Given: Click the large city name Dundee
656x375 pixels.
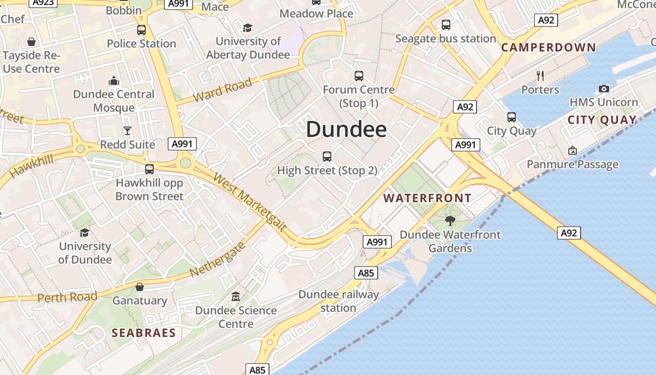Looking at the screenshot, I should [346, 129].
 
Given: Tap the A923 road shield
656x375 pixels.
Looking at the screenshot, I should [43, 2].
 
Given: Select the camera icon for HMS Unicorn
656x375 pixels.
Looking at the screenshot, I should [604, 89].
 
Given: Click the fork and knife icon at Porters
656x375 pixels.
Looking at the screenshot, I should [540, 75].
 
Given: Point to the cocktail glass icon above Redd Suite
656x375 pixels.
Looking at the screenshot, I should [127, 130].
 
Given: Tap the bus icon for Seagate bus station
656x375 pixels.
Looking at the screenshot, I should [446, 24].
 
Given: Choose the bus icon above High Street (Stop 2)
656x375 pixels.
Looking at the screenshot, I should [327, 156].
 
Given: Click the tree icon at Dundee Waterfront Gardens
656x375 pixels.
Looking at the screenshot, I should [450, 220].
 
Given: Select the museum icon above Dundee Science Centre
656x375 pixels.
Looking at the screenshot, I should [236, 296].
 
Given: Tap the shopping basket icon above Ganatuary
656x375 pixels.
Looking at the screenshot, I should [139, 287].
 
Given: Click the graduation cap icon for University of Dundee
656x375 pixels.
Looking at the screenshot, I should [85, 232].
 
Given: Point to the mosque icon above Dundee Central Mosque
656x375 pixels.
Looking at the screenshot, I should [114, 81].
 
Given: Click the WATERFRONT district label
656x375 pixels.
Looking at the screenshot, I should [427, 198].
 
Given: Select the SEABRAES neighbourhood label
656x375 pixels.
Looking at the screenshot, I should [143, 333].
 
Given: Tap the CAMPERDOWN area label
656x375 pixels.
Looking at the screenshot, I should [549, 47].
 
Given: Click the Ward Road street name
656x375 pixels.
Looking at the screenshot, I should [223, 90].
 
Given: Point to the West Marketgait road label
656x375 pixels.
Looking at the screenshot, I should [249, 202].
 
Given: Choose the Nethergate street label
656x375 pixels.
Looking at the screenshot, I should [217, 260].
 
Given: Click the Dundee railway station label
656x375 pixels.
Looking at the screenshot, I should [338, 301].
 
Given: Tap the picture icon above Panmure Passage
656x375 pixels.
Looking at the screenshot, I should [572, 150].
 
